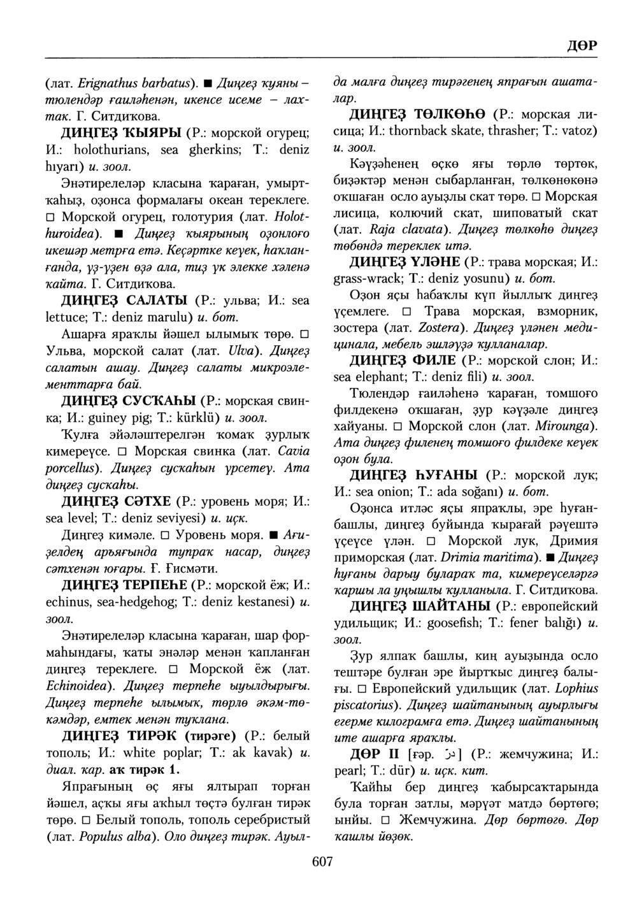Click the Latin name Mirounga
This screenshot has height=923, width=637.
pos(565,425)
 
